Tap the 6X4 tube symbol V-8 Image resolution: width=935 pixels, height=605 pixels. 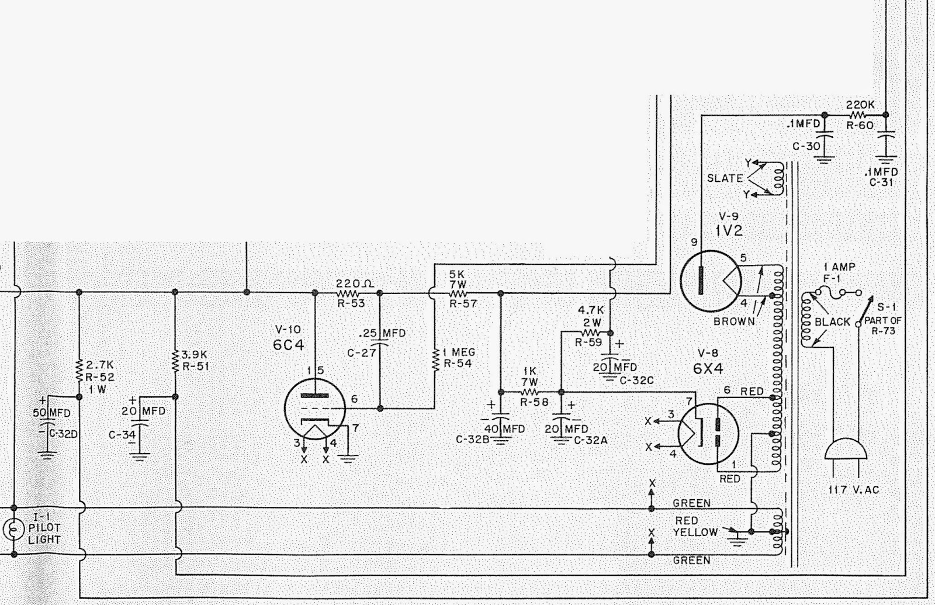click(x=708, y=434)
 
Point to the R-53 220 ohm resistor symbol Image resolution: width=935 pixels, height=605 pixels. click(x=348, y=292)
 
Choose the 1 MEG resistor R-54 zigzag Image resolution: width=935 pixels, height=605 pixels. click(x=435, y=359)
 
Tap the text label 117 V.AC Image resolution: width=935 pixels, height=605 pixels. click(x=854, y=490)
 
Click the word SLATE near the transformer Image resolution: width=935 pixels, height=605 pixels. click(x=725, y=178)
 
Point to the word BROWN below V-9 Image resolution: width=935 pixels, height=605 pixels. click(x=734, y=321)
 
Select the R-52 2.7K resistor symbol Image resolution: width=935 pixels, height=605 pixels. click(x=79, y=369)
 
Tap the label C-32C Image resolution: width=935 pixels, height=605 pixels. click(x=636, y=381)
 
